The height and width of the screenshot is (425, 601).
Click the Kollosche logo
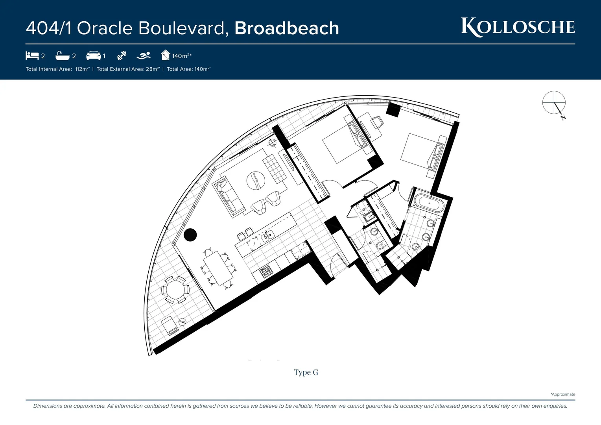click(518, 27)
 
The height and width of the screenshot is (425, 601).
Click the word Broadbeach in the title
click(287, 28)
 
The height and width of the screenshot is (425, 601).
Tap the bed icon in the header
click(32, 55)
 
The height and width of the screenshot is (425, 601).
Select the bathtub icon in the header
click(63, 55)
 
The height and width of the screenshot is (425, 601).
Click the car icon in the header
click(93, 55)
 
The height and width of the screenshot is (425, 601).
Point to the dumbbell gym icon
click(122, 55)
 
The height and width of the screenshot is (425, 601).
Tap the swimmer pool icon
click(144, 55)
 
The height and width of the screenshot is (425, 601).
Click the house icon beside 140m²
click(166, 55)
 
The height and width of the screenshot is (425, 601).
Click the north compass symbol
click(554, 103)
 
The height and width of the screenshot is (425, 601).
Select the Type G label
click(306, 372)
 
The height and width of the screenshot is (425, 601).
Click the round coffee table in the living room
click(256, 181)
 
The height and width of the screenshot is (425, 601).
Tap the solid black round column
click(190, 235)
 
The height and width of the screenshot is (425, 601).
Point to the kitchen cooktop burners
click(266, 272)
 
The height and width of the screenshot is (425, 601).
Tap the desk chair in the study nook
click(378, 122)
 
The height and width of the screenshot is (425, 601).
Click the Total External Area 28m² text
click(128, 69)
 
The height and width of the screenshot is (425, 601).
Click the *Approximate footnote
click(563, 394)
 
